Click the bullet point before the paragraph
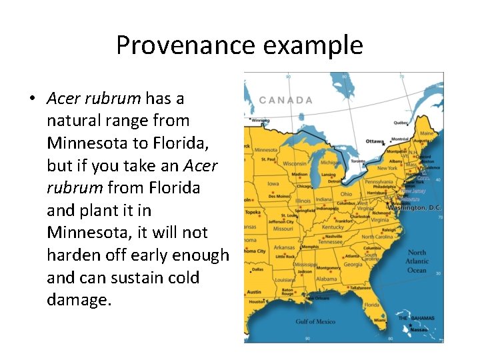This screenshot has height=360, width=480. [32, 99]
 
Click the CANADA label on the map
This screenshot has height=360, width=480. [285, 100]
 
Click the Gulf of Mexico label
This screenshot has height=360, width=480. [315, 321]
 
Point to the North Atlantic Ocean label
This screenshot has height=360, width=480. [417, 261]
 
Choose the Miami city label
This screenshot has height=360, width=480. [379, 319]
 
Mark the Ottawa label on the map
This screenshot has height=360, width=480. [375, 141]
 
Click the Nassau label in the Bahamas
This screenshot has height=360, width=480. [419, 329]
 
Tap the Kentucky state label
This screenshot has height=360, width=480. [333, 227]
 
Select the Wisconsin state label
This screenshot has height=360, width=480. [294, 163]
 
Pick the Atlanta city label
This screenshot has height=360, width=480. [353, 255]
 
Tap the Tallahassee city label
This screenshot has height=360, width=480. [360, 287]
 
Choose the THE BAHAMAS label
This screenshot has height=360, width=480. [417, 318]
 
